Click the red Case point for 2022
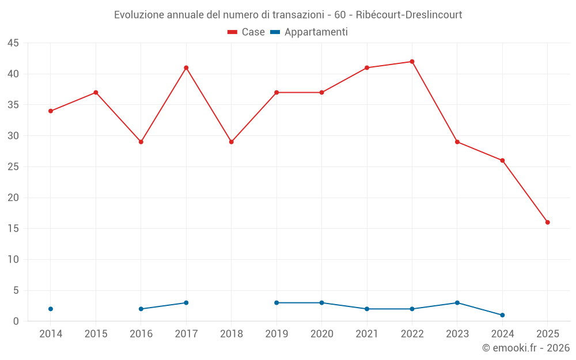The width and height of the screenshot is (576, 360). [x=412, y=62]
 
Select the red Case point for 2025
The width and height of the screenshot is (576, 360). [x=547, y=222]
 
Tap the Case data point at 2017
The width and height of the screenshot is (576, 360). [x=186, y=68]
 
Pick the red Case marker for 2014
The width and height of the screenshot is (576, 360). [x=51, y=111]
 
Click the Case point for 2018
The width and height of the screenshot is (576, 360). [x=232, y=142]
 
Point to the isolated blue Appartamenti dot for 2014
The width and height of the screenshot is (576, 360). [x=51, y=309]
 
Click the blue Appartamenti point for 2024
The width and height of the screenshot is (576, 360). [x=502, y=315]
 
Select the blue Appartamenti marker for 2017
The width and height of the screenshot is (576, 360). [x=186, y=303]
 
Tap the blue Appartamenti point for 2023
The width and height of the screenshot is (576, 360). [x=457, y=303]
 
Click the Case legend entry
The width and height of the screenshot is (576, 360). [x=247, y=32]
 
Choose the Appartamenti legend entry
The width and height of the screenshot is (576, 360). [x=309, y=32]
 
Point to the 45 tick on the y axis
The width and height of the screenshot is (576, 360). [x=13, y=43]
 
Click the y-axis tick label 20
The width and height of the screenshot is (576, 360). [x=13, y=198]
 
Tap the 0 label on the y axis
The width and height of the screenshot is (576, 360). [x=16, y=321]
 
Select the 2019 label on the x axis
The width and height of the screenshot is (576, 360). [x=276, y=334]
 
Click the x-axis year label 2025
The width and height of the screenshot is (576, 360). [x=547, y=334]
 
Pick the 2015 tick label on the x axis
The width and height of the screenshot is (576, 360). [x=96, y=334]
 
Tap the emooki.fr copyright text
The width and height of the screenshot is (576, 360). [x=525, y=348]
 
